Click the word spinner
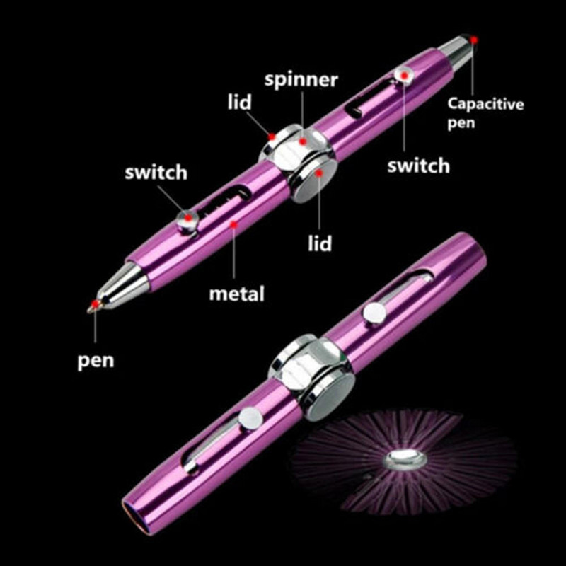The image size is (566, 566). click(301, 80)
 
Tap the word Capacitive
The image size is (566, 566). click(486, 105)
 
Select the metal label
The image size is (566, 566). click(236, 291)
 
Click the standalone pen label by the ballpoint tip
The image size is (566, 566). click(96, 361)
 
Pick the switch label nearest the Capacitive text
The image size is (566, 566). click(418, 166)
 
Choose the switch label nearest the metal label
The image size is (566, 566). click(156, 172)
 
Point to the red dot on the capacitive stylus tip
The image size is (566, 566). click(473, 40)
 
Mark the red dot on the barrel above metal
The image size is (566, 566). click(234, 224)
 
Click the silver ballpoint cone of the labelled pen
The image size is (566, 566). click(117, 286)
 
